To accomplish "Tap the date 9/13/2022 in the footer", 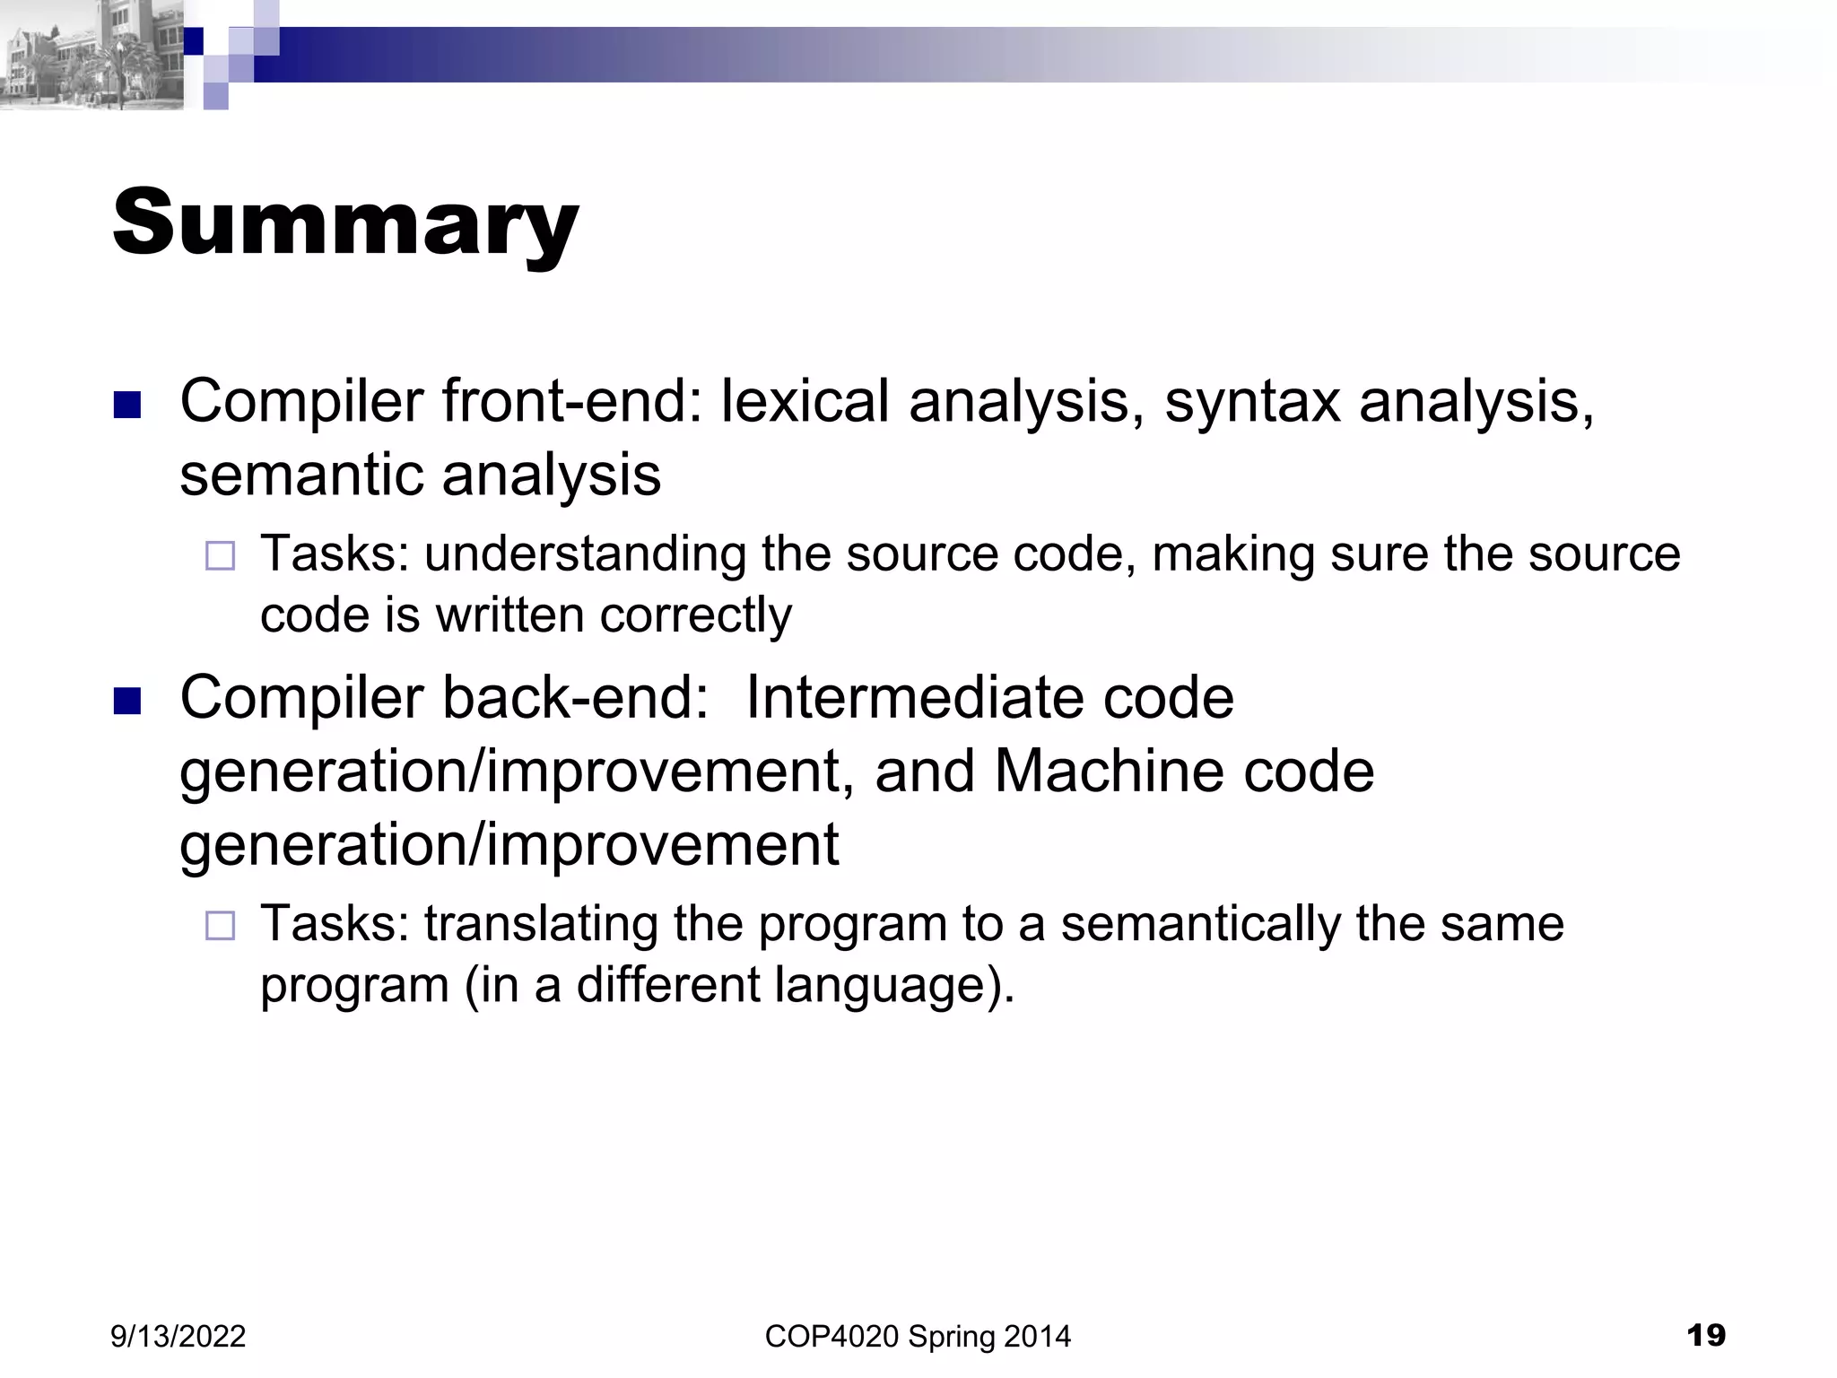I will click(178, 1336).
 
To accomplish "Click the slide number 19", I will click(1705, 1335).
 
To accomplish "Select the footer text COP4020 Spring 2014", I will click(918, 1336).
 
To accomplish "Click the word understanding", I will click(585, 555).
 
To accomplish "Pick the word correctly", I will click(696, 617).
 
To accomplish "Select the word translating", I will click(540, 925).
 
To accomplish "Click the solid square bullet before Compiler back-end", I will click(128, 701).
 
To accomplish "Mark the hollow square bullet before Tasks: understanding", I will click(220, 556).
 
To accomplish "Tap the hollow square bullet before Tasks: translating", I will click(220, 925).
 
